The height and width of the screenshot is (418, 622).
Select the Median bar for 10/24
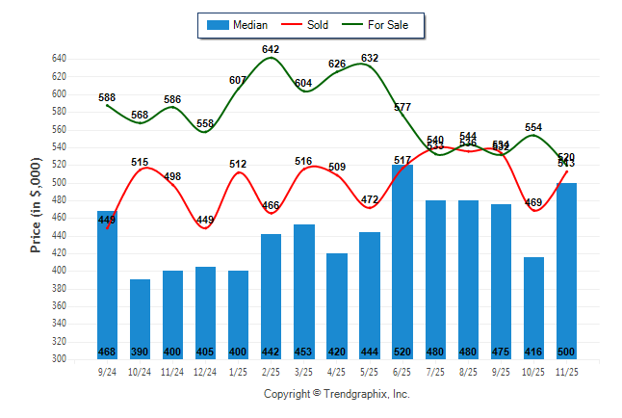pyautogui.click(x=141, y=319)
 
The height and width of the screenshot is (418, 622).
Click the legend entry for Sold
pyautogui.click(x=306, y=25)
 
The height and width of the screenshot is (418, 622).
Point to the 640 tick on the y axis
pyautogui.click(x=59, y=59)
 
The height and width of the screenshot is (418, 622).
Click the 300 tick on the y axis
pyautogui.click(x=59, y=359)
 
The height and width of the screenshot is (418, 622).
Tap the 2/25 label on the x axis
pyautogui.click(x=272, y=371)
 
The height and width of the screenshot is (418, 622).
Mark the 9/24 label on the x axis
pyautogui.click(x=108, y=371)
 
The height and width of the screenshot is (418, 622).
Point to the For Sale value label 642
pyautogui.click(x=271, y=49)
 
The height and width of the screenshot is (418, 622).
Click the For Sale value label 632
pyautogui.click(x=370, y=58)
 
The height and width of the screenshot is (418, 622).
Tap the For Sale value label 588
pyautogui.click(x=107, y=97)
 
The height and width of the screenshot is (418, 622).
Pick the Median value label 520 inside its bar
pyautogui.click(x=402, y=351)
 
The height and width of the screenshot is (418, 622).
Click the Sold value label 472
pyautogui.click(x=370, y=199)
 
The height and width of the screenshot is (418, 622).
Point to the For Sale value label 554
pyautogui.click(x=533, y=127)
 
